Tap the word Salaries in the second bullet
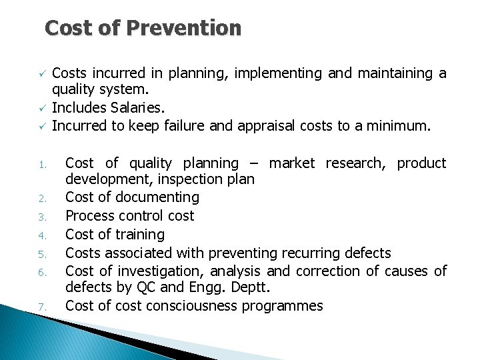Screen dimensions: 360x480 pos(125,107)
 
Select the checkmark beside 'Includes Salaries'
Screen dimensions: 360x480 pos(41,107)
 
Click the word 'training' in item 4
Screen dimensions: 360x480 pos(140,235)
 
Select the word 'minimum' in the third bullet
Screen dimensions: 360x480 pos(403,125)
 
